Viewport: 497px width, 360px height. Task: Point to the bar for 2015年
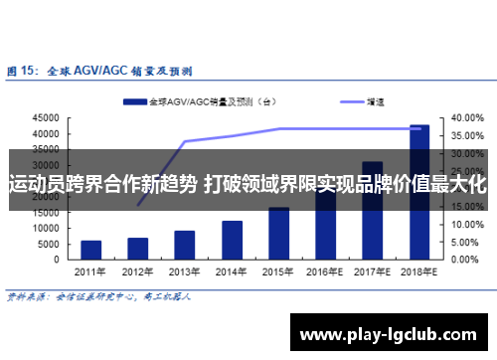pos(279,233)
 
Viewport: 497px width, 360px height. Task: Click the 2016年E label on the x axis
pos(326,270)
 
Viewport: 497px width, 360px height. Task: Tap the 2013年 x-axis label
pos(185,270)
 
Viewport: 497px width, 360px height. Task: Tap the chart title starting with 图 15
pos(99,72)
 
